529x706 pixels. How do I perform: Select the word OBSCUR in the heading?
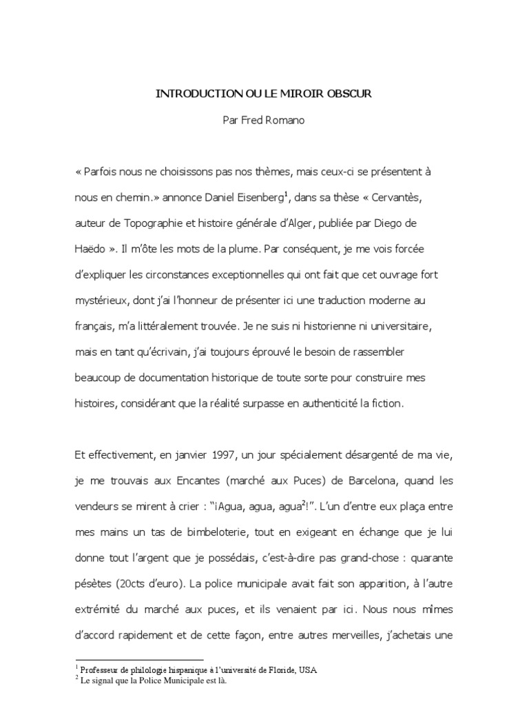pos(351,93)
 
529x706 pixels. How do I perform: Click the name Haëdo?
pos(91,250)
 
